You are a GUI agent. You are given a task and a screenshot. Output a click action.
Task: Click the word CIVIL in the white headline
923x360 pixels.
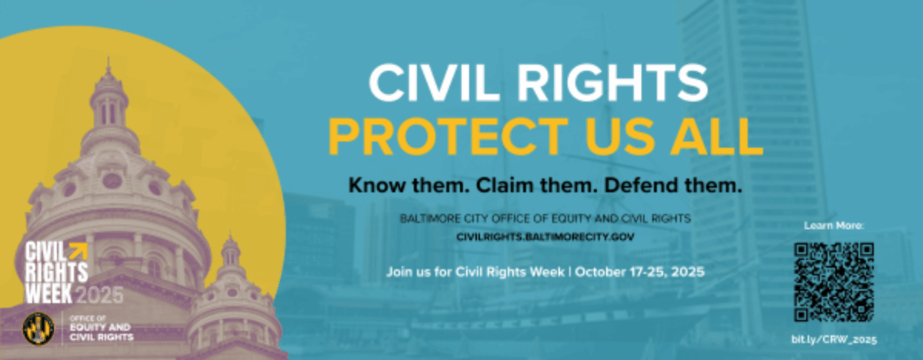[x=432, y=84]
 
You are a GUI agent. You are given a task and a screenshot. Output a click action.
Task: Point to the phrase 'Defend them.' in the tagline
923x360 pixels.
[x=673, y=185]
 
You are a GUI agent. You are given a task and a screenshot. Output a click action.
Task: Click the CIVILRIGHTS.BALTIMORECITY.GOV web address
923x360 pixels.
[x=545, y=237]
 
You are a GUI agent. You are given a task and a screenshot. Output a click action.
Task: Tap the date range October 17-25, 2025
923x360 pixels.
[x=639, y=272]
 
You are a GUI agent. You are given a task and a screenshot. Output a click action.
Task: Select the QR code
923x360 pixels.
[x=834, y=282]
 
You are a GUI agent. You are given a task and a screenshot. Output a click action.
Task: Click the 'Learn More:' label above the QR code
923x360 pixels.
[x=834, y=225]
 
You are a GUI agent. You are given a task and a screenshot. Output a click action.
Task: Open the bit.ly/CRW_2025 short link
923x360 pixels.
[x=834, y=339]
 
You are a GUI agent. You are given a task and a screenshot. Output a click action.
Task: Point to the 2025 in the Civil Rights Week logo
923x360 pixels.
[x=99, y=295]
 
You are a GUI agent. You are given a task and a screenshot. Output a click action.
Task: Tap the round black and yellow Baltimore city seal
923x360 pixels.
[x=38, y=328]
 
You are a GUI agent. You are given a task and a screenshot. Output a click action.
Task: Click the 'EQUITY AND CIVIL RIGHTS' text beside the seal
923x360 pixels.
[x=102, y=332]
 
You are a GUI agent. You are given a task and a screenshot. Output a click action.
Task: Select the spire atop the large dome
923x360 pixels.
[x=108, y=68]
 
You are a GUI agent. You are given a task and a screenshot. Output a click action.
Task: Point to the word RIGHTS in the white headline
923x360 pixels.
[x=612, y=84]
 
